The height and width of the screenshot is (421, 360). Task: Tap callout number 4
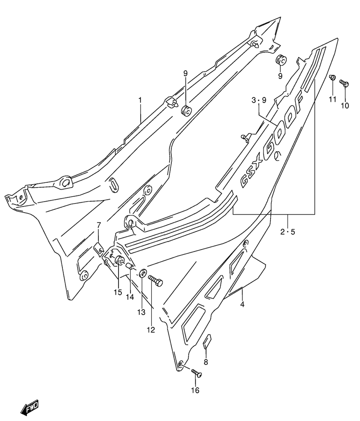(x=242, y=304)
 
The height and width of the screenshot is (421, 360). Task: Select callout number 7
(x=98, y=225)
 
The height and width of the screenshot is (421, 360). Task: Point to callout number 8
(x=206, y=362)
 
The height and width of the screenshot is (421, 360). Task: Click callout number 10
(x=345, y=106)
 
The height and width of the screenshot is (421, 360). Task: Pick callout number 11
(x=333, y=99)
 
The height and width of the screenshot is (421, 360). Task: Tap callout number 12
(x=151, y=330)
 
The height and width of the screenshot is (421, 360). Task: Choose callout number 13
(x=141, y=312)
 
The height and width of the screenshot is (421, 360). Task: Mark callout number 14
(x=130, y=297)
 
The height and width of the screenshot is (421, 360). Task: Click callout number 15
(x=118, y=292)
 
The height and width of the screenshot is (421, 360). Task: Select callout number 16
(x=195, y=390)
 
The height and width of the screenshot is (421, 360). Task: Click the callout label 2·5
(x=288, y=231)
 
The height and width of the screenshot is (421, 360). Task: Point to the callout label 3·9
(x=259, y=100)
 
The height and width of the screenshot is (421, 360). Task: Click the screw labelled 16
(x=196, y=373)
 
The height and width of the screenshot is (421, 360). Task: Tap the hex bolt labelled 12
(x=155, y=280)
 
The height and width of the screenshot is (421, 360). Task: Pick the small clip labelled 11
(x=332, y=77)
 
